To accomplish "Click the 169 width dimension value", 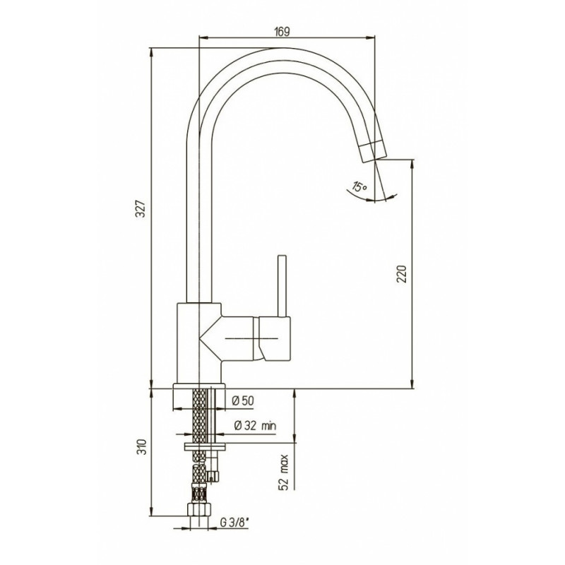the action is click(x=282, y=32).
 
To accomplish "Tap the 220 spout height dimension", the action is click(x=401, y=274).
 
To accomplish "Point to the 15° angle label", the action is click(x=359, y=186).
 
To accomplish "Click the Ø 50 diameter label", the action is click(x=243, y=400).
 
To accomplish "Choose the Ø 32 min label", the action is click(x=255, y=426).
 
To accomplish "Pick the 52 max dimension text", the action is click(x=284, y=472).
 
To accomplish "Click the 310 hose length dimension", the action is click(x=143, y=447).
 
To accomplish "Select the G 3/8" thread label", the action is click(x=234, y=523).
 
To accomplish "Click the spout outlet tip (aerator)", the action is click(x=374, y=152).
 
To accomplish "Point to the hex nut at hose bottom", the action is click(x=199, y=509).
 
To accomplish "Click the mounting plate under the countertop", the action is click(x=204, y=446).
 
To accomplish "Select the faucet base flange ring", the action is click(x=199, y=386).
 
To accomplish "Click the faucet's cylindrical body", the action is click(x=199, y=343).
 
